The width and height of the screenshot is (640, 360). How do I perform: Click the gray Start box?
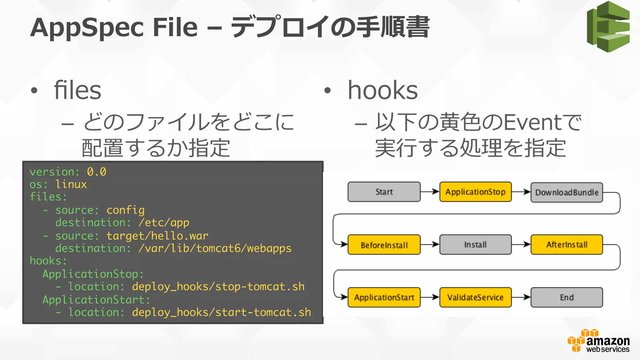click(x=384, y=192)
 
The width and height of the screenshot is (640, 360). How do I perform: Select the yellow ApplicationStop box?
click(x=475, y=192)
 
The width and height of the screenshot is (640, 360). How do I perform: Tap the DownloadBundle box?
click(x=567, y=192)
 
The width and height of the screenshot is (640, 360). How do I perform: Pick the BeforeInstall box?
click(x=384, y=245)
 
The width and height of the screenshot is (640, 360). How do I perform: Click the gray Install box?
click(x=475, y=245)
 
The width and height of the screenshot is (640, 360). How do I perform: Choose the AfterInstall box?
click(x=567, y=245)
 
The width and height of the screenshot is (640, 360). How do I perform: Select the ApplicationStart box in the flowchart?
click(x=384, y=297)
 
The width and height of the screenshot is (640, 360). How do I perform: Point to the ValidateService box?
click(x=475, y=297)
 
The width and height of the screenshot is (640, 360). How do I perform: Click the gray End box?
click(x=567, y=297)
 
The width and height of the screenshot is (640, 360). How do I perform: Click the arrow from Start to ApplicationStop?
click(x=430, y=192)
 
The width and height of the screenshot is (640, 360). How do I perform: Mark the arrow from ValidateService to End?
click(x=521, y=297)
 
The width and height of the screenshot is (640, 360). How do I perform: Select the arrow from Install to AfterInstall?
click(x=521, y=244)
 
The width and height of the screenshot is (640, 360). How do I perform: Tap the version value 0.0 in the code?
click(x=97, y=172)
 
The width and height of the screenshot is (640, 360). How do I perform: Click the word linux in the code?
click(x=71, y=184)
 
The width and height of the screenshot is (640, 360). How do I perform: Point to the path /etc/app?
click(x=164, y=222)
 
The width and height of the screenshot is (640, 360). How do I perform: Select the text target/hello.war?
click(x=157, y=236)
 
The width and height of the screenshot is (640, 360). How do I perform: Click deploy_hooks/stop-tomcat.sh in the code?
click(x=218, y=287)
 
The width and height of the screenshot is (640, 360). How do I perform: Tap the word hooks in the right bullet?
click(x=382, y=90)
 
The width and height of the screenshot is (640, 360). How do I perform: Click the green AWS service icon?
click(x=608, y=27)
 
